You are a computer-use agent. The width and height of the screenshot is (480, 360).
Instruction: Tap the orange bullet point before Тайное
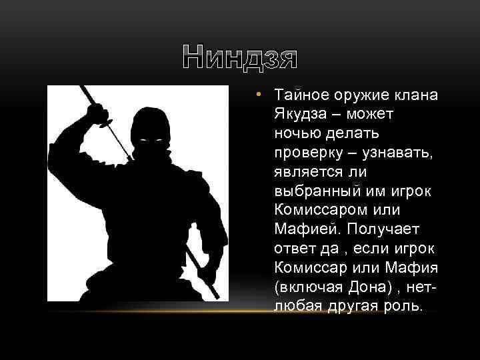point(259,94)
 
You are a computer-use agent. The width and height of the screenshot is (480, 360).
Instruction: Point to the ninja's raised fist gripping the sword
point(97,113)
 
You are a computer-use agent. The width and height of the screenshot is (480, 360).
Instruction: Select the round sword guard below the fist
point(105,123)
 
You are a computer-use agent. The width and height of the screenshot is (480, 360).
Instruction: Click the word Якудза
point(300,114)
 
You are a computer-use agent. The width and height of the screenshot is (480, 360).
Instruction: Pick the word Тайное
point(302,95)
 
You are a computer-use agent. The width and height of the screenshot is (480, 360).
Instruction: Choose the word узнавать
point(397,152)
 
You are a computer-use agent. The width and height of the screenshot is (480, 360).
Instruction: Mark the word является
point(308,172)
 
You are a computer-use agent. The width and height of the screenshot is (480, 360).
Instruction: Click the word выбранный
point(317,191)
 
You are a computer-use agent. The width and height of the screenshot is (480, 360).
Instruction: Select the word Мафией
point(307,229)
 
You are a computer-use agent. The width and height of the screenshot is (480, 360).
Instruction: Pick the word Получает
point(383,229)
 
